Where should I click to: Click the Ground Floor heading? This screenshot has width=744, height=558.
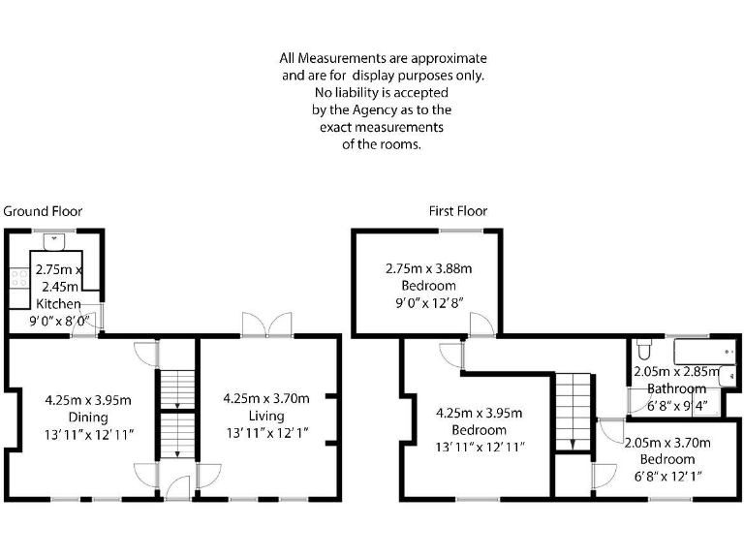click(43, 211)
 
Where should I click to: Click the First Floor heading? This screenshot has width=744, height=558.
click(458, 211)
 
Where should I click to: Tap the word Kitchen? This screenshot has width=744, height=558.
click(59, 303)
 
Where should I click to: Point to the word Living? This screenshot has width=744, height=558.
click(265, 416)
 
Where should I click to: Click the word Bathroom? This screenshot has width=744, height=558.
click(677, 387)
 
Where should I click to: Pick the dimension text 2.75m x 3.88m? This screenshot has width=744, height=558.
click(428, 268)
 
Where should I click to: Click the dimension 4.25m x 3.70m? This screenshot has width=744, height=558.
click(265, 398)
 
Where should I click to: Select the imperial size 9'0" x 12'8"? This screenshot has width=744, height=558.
click(428, 303)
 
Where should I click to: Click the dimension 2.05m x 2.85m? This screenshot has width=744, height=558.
click(677, 370)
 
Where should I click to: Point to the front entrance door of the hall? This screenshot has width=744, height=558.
click(177, 490)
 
